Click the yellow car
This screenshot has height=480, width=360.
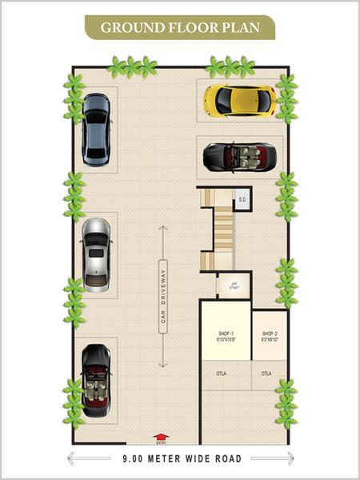coord(239,101)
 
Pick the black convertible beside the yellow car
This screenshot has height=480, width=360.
coord(239,155)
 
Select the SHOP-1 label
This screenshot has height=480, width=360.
coord(225,333)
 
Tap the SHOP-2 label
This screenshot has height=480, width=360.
coord(269,333)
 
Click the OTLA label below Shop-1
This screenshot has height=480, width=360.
coord(222,373)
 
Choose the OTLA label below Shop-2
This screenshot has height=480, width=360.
coord(266,373)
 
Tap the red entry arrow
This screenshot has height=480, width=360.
coord(161,437)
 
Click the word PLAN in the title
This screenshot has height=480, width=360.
coord(242,28)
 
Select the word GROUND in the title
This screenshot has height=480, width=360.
coord(126,28)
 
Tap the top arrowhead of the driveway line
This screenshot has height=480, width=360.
coord(162,229)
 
